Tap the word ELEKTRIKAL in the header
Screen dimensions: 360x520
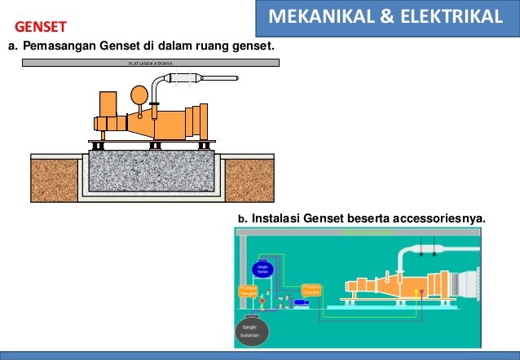tap(445, 16)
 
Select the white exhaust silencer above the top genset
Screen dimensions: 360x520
tap(186, 79)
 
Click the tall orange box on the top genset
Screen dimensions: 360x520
tap(108, 105)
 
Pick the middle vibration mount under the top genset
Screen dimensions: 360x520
tap(153, 146)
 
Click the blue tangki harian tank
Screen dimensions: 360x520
tap(262, 266)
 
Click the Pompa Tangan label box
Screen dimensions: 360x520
tap(249, 291)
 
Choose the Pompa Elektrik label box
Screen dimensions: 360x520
tap(311, 289)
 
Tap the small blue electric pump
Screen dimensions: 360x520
tap(301, 302)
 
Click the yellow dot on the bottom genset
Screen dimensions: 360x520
tap(421, 292)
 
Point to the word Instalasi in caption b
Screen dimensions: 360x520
tap(277, 218)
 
